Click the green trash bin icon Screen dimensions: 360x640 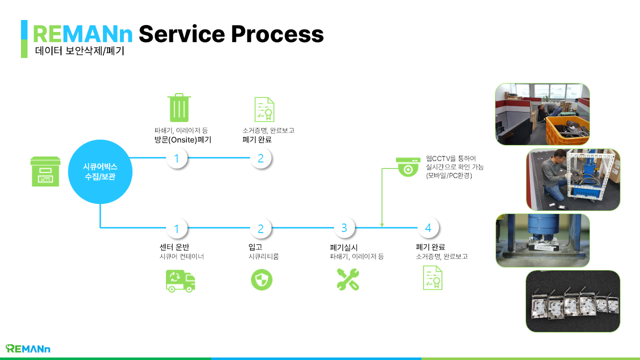(179, 108)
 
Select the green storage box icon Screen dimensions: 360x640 (45, 171)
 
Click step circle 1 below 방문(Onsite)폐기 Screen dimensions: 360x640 (176, 158)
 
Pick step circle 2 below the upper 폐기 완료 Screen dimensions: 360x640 (260, 158)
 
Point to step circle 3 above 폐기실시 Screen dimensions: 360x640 (344, 228)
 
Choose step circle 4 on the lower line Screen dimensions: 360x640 (428, 228)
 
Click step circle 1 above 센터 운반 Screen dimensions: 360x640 (176, 228)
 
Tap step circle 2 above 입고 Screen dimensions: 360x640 (260, 228)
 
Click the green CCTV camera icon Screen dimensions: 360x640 (408, 166)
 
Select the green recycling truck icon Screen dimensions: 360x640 (180, 280)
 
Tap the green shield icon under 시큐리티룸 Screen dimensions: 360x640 (261, 280)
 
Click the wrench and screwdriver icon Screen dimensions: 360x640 (347, 279)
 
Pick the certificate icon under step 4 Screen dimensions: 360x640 (433, 278)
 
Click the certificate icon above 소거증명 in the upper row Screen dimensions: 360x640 (264, 109)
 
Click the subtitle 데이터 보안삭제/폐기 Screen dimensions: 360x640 (79, 51)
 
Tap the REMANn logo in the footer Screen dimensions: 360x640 (28, 348)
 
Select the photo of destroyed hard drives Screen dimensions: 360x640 (572, 301)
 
